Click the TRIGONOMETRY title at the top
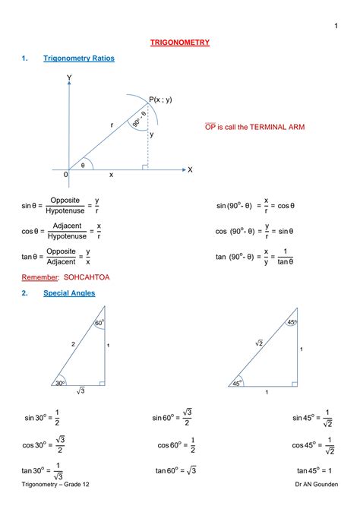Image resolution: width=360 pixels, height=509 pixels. pos(180,43)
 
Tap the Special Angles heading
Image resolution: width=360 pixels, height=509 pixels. pos(69,292)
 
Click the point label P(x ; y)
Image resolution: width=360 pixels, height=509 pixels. pos(159,100)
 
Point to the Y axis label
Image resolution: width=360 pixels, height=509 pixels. pos(69,78)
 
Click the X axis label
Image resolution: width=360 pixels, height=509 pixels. pos(190,170)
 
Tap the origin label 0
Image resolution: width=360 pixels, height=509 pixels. pos(66,175)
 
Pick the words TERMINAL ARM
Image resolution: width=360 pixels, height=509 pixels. pos(276,127)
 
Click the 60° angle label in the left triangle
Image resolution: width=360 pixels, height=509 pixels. pos(99,324)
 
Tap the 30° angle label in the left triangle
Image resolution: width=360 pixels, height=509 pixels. pos(60,384)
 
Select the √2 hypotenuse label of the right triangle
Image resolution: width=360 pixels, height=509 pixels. pos(258,344)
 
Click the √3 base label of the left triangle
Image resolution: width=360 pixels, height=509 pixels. pos(81,392)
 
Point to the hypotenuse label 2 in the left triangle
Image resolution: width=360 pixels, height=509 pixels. pos(73,344)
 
